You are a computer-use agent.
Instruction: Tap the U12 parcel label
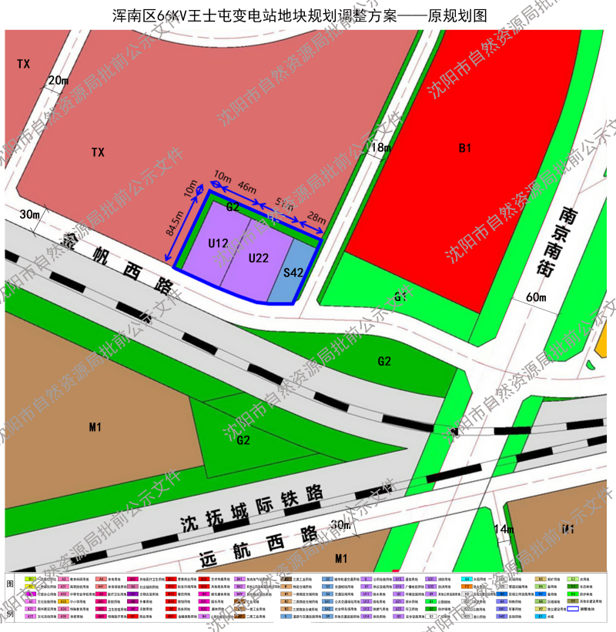click(x=218, y=243)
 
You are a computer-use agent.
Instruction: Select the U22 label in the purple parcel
click(x=259, y=258)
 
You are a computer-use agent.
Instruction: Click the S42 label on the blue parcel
click(x=293, y=272)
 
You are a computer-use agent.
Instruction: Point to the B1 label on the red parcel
click(x=464, y=148)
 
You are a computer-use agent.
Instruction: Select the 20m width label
click(x=58, y=80)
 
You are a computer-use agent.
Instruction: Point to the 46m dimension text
click(x=247, y=187)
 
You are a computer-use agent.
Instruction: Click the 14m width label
click(x=504, y=529)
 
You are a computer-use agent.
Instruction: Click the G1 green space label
click(x=400, y=296)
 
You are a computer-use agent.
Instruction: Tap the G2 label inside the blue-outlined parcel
click(x=233, y=207)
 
